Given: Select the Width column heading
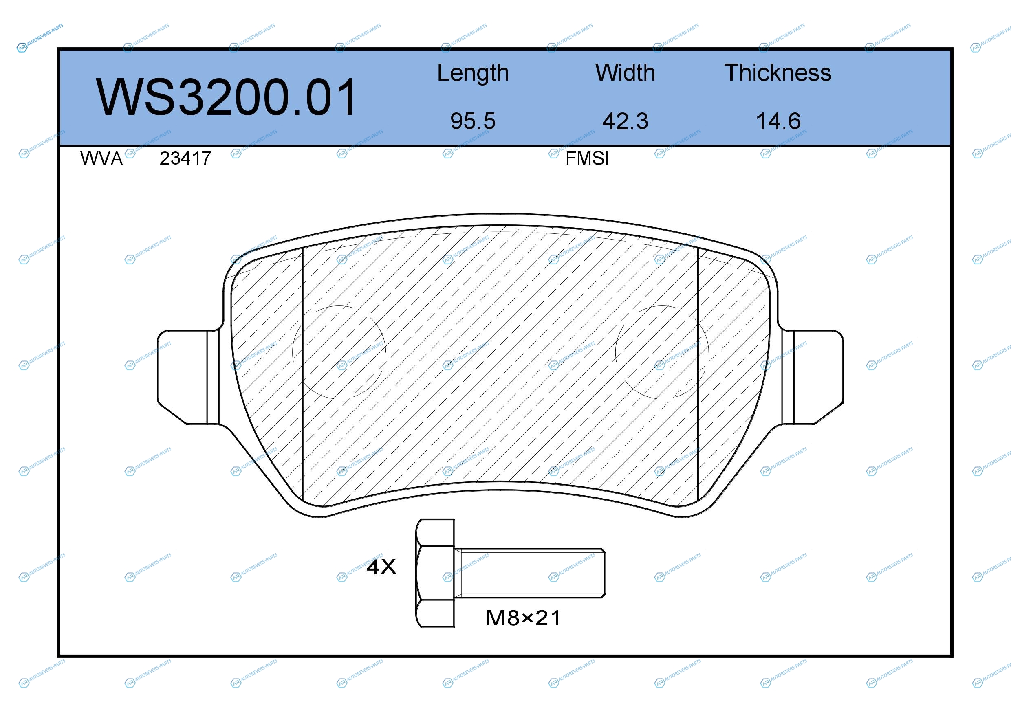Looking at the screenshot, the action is point(625,73).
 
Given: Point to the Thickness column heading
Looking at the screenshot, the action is point(778,73).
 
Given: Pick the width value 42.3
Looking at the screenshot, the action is point(625,121).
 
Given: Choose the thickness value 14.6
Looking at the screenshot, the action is point(778,121).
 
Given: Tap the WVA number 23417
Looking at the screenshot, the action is point(185,158).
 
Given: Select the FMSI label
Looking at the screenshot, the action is point(586,158).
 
